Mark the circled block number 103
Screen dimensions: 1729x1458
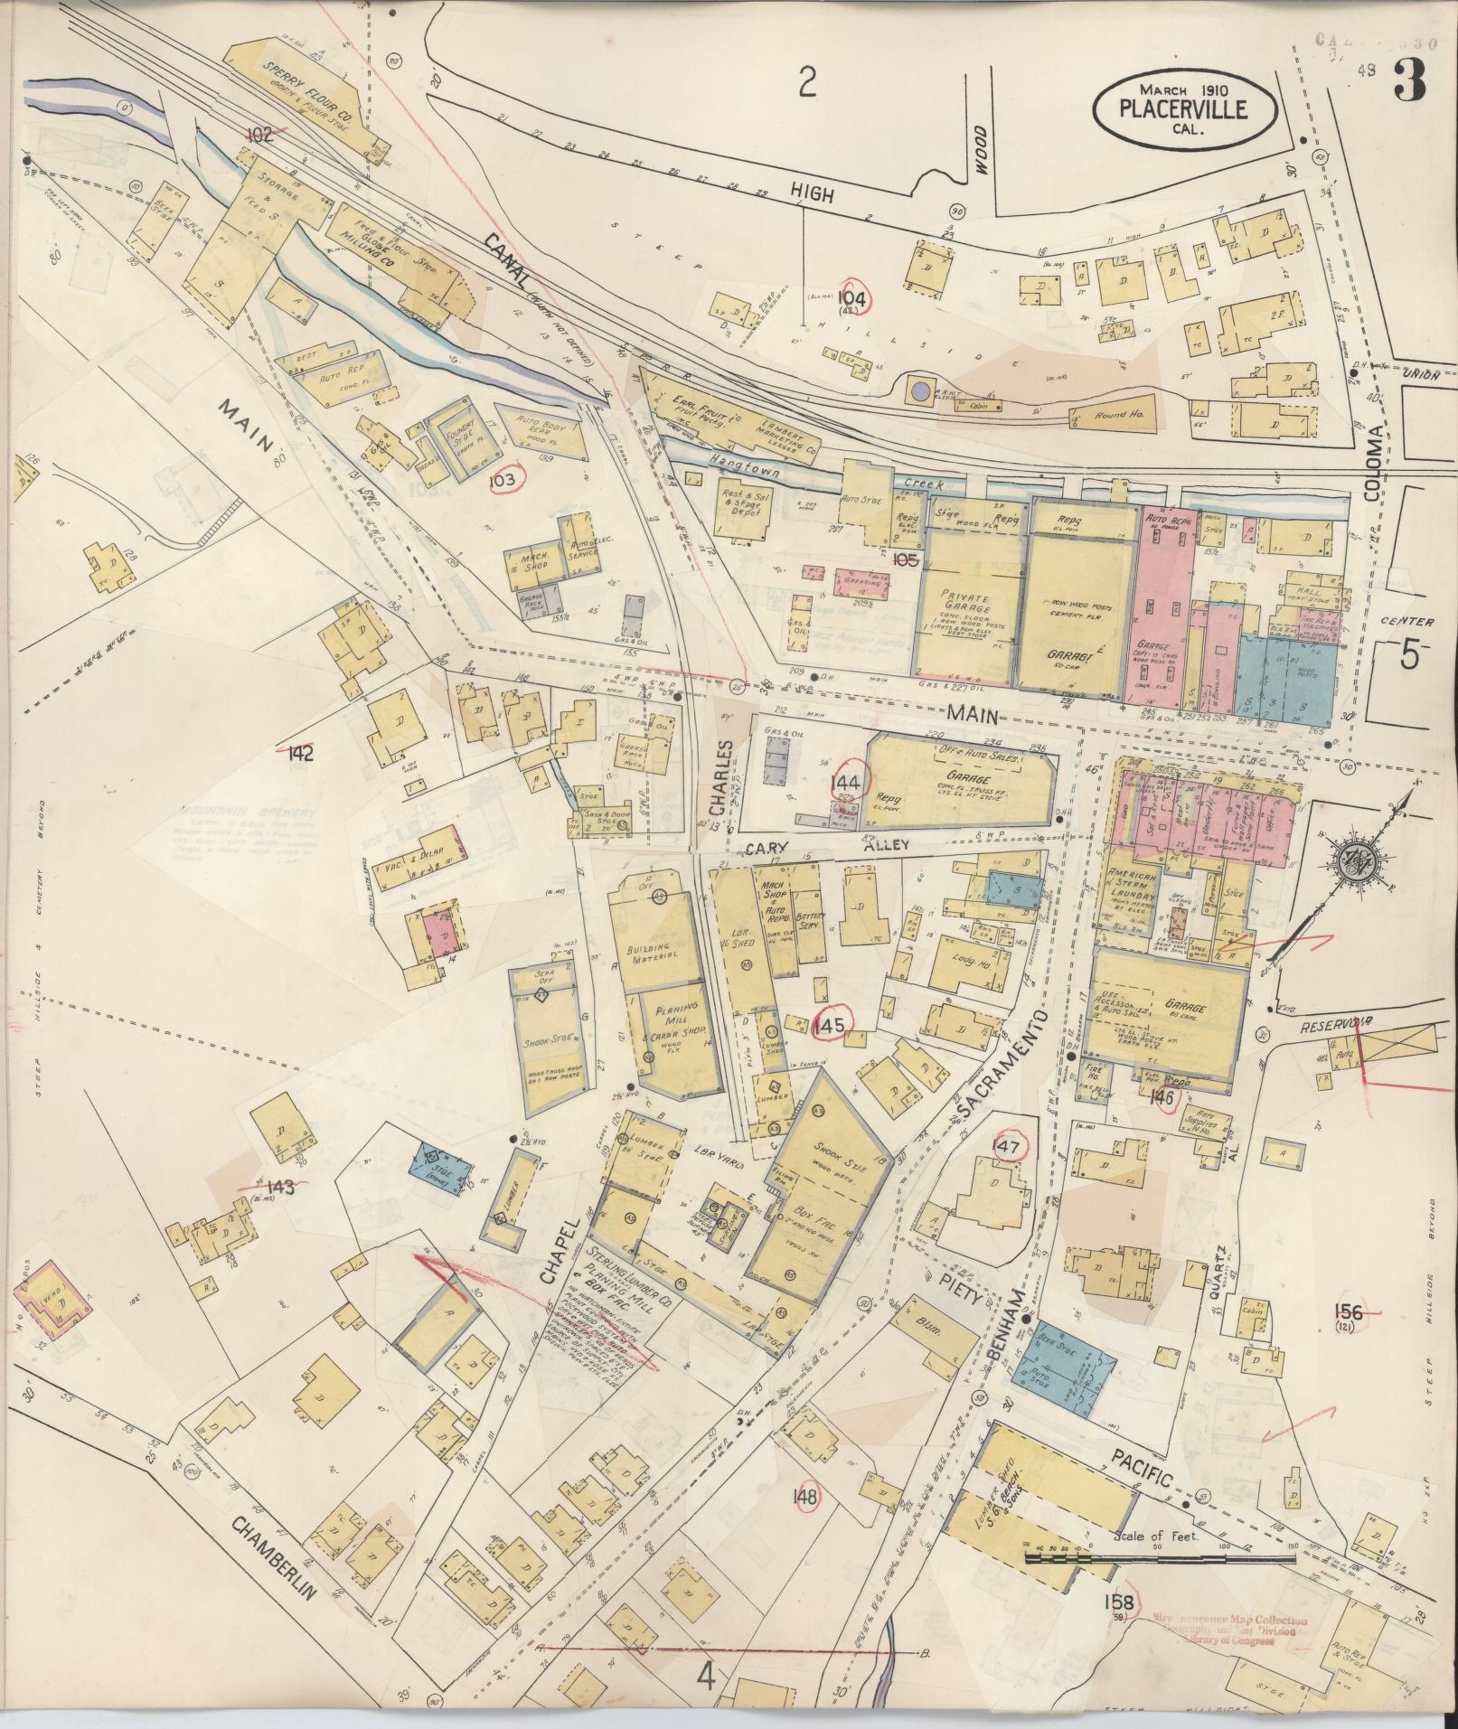point(503,480)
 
